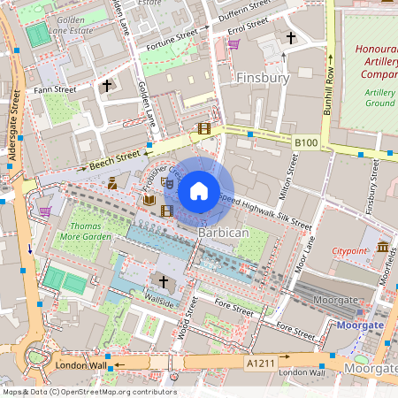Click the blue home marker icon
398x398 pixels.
coord(198,190)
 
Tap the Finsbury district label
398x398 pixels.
coord(264,78)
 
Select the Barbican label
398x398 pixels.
coord(223,232)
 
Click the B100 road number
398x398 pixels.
coord(306,142)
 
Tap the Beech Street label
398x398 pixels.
coord(115,159)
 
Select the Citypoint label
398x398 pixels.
coord(348,251)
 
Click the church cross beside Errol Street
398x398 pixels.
coord(291,38)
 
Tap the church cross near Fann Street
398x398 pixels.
coord(107,86)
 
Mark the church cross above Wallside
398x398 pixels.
coord(162,282)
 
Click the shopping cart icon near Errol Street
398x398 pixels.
coord(233,43)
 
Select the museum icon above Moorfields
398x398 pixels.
coord(383,247)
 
